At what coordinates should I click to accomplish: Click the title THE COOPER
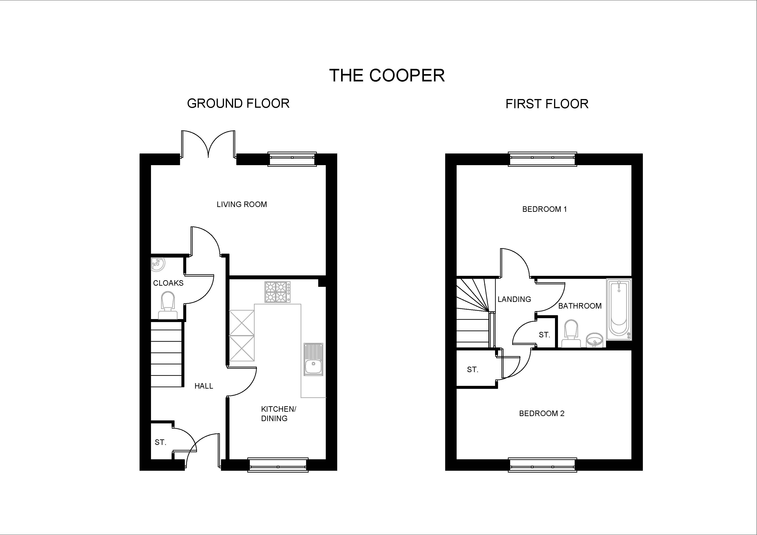387,75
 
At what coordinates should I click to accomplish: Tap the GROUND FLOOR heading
238,104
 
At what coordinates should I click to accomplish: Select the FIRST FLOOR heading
547,104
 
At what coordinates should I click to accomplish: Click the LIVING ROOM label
242,204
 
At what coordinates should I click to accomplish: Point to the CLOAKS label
168,283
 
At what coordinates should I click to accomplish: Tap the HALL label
204,386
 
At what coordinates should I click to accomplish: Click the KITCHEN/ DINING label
279,414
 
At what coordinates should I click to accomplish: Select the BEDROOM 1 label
544,209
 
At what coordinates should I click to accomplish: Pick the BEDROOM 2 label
542,413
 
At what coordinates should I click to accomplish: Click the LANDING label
514,299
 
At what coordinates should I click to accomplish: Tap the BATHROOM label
580,306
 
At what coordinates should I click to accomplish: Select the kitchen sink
313,359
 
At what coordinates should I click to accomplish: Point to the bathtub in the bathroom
619,309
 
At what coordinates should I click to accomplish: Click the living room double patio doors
208,145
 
